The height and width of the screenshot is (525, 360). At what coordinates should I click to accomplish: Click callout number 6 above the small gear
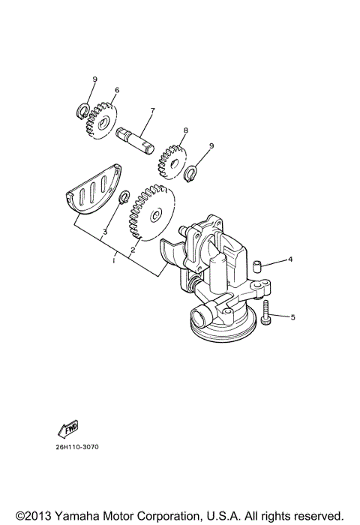point(117,91)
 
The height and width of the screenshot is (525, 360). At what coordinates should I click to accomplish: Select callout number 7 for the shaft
point(152,111)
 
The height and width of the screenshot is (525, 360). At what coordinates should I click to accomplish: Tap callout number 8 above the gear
point(185,130)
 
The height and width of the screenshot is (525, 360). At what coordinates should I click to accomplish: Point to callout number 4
point(290,260)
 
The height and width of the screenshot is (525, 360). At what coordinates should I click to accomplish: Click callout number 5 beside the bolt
point(292,317)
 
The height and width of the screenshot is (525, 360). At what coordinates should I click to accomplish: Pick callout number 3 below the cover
point(105,232)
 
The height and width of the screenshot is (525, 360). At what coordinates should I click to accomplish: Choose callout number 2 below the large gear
point(133,250)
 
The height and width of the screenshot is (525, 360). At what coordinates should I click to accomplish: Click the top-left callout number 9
point(95,79)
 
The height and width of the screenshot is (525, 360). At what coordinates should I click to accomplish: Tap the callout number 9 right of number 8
point(211,145)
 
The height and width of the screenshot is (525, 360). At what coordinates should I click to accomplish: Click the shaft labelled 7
point(135,139)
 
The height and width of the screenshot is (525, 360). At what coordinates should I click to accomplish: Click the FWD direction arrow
point(68,430)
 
